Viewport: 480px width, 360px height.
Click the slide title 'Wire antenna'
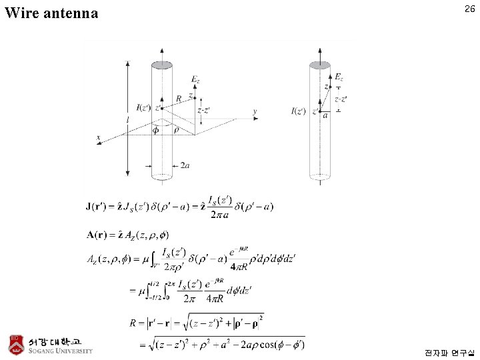(51, 13)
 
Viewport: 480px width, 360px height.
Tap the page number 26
(469, 9)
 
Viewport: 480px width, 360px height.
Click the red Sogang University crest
(15, 343)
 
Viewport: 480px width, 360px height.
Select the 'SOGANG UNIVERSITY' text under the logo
(61, 351)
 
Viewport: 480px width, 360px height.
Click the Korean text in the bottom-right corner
(450, 351)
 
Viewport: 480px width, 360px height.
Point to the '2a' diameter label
(185, 165)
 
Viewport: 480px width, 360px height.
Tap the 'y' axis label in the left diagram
(255, 111)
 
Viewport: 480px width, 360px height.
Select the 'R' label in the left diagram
(178, 99)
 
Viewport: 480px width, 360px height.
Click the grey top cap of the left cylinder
(162, 65)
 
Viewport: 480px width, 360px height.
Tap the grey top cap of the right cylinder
(320, 65)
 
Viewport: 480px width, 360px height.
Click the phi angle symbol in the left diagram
(157, 129)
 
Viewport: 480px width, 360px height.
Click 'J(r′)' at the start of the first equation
(99, 206)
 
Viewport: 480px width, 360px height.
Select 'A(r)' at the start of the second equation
(99, 234)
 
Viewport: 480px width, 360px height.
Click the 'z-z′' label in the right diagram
(341, 99)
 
